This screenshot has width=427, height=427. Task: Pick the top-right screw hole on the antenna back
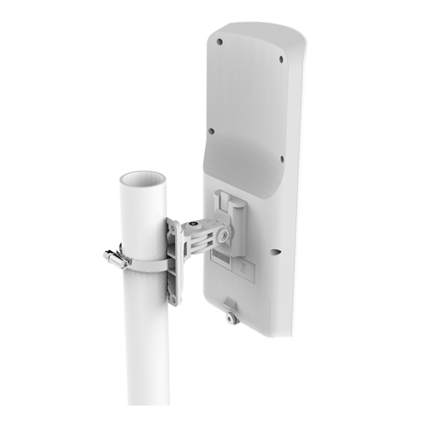coord(281,60)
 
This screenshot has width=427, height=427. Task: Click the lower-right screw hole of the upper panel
coord(281,158)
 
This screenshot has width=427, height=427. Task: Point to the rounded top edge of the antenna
coord(256,26)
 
